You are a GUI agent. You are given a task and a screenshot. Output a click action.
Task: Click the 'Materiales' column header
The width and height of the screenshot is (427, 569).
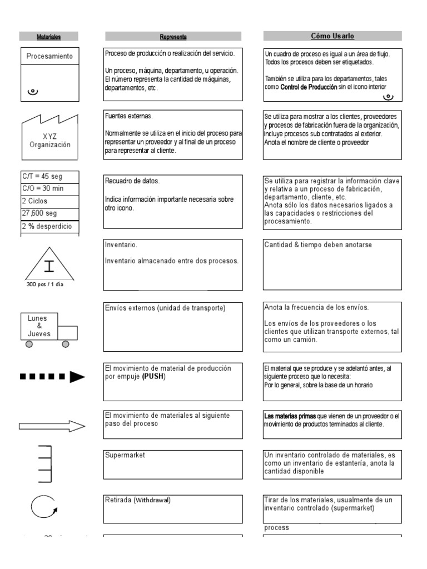point(48,37)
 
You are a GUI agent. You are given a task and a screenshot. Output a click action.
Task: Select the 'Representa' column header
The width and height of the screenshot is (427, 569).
point(173,37)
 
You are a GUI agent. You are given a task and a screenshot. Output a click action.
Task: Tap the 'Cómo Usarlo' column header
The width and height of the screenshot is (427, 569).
point(332,36)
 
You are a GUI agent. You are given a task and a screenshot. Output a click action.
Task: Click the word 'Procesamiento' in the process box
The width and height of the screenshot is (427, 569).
point(49,56)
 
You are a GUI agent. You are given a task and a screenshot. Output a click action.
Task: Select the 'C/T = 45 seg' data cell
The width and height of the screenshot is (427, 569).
point(49,176)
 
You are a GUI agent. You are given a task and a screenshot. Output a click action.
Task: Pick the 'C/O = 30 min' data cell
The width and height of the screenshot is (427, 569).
point(49,188)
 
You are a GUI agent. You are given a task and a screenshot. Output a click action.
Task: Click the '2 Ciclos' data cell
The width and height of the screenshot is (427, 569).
point(49,201)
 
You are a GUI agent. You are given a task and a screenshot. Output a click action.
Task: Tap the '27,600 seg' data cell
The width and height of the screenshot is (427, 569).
point(49,213)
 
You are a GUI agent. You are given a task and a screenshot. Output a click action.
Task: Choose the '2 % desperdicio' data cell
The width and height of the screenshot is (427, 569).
point(49,226)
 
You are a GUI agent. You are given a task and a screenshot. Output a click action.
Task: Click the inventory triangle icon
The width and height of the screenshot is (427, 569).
point(49,264)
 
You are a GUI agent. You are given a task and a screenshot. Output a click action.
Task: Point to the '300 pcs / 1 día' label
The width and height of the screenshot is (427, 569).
point(49,284)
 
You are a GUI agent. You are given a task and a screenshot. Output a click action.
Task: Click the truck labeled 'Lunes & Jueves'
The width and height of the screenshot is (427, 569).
point(49,329)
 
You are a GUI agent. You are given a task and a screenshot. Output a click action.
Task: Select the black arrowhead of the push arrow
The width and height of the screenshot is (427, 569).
point(77,377)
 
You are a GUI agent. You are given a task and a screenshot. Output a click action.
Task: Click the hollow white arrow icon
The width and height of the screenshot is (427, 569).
point(52,426)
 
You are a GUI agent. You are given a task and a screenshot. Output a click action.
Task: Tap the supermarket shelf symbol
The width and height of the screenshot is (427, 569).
point(45,464)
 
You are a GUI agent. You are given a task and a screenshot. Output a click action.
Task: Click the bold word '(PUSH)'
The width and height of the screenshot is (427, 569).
point(153,376)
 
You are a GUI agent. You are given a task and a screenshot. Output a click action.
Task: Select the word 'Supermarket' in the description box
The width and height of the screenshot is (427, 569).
point(125,455)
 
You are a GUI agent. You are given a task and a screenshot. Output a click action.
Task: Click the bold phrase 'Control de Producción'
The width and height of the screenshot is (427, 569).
point(309,87)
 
